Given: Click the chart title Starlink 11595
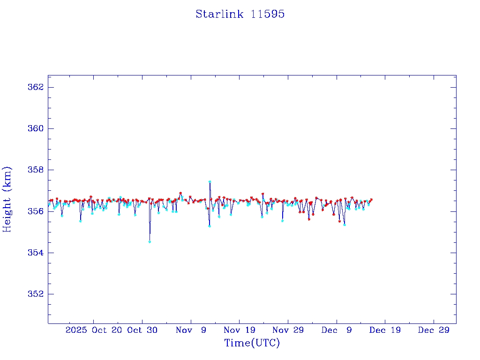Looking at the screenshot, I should (240, 14).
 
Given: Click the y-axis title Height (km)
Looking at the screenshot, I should (7, 199).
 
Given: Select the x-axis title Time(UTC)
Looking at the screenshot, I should (252, 343).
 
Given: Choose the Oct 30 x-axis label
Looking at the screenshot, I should (142, 330).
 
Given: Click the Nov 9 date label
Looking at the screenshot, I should (191, 330).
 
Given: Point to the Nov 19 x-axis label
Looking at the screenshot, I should (239, 330).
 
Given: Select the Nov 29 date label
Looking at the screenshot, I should (288, 330).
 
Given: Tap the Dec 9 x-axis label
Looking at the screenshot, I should (337, 330).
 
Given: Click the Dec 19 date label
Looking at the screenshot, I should (385, 330).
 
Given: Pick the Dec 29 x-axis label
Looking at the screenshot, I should (434, 330).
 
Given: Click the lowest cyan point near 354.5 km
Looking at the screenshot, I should (150, 242).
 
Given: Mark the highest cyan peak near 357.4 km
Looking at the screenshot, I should (210, 181).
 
